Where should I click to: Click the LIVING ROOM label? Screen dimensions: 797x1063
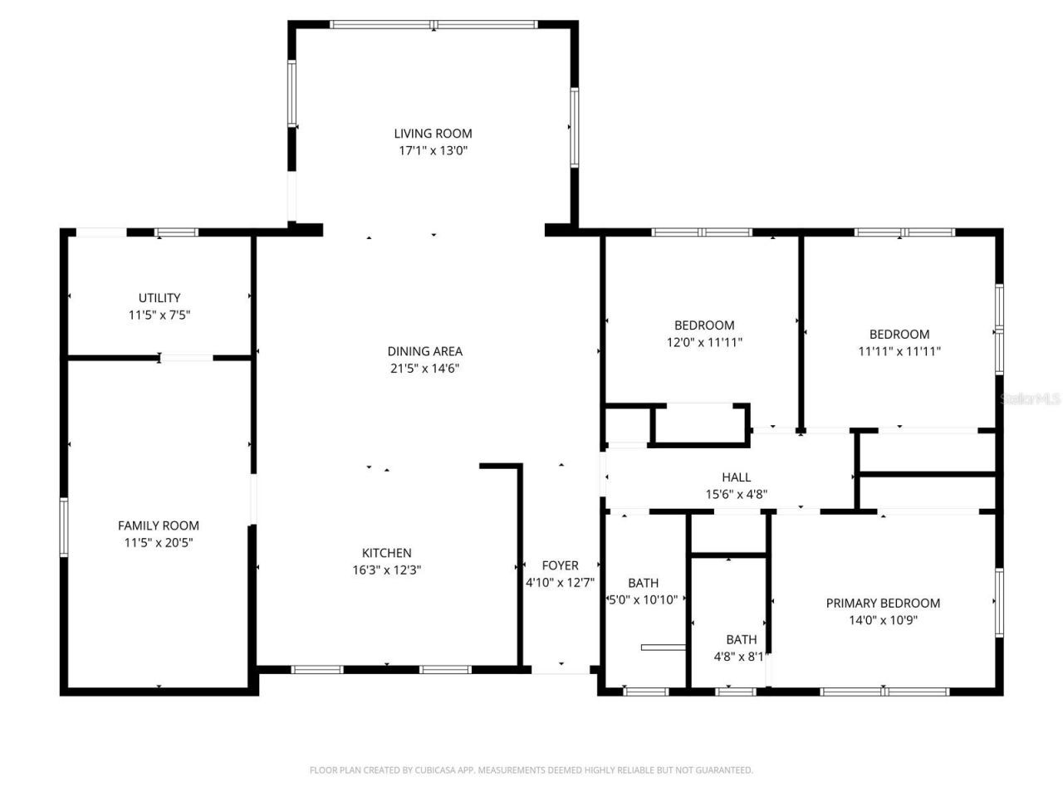click(x=433, y=133)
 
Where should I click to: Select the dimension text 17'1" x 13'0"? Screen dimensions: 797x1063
click(x=433, y=150)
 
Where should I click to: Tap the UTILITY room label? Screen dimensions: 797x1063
click(x=159, y=297)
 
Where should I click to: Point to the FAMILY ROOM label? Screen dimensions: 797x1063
click(x=159, y=525)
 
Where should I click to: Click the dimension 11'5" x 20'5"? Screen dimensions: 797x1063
click(x=159, y=542)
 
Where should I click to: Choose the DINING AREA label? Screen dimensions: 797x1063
click(x=424, y=351)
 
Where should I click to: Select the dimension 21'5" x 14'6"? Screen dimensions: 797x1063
click(x=424, y=369)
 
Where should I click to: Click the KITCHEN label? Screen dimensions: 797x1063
click(x=386, y=552)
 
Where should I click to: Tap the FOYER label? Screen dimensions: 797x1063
click(x=560, y=565)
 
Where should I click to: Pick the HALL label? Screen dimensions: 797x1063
click(x=736, y=477)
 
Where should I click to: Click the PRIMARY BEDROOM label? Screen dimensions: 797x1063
click(x=883, y=603)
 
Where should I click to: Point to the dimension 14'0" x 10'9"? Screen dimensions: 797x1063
click(x=883, y=620)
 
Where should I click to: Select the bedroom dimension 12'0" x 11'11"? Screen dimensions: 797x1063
click(x=704, y=342)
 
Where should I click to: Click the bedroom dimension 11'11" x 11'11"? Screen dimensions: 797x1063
click(x=899, y=351)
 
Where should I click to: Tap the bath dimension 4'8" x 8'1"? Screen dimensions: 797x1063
click(x=739, y=656)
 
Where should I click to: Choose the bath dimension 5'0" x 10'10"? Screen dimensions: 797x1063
click(x=644, y=599)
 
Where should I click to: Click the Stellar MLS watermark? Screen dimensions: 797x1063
click(x=1030, y=399)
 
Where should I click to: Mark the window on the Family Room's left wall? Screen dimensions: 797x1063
click(x=63, y=527)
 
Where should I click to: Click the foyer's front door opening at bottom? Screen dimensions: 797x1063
click(x=561, y=668)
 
